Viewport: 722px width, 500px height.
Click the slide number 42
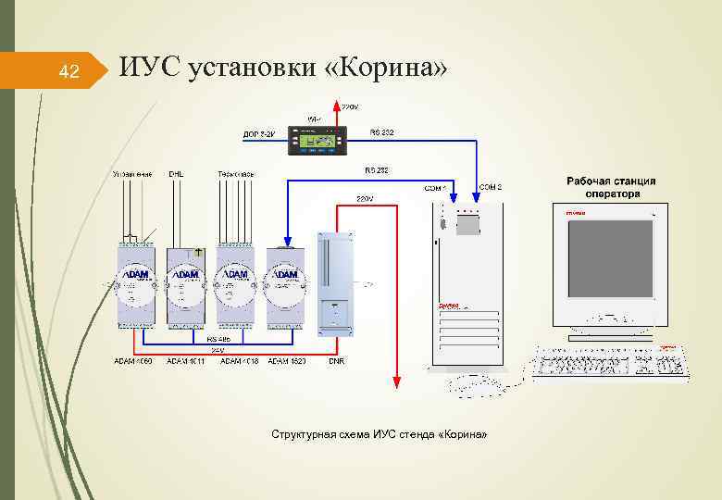68,71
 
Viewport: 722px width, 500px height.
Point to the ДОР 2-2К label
258,135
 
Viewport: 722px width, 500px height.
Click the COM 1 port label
435,189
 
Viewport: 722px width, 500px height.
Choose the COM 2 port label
491,187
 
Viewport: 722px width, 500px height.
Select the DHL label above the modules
176,174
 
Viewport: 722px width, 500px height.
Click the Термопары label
236,174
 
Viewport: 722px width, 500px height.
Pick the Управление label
132,174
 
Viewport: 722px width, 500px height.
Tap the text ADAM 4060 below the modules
132,361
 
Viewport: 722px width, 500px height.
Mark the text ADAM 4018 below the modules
240,361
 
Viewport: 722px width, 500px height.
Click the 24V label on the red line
218,350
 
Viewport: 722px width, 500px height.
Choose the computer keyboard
610,362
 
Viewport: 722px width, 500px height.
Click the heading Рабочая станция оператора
611,187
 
